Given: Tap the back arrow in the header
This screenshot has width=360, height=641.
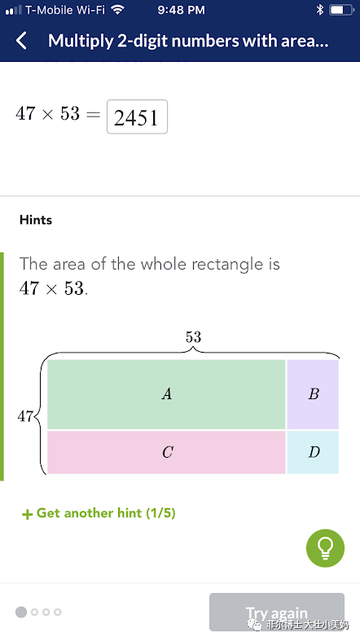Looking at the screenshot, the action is [22, 41].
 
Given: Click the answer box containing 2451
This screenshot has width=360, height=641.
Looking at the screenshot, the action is [138, 117].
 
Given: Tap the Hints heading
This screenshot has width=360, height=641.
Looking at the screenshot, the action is [36, 220].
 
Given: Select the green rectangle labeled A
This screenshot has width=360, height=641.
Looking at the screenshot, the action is [166, 394].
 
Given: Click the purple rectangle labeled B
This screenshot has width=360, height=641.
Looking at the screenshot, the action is [313, 394].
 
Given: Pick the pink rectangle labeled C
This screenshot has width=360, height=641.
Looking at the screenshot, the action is [166, 452].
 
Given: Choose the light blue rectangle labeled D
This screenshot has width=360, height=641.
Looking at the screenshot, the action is [313, 452].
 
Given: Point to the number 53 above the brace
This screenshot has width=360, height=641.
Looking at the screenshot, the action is [193, 337].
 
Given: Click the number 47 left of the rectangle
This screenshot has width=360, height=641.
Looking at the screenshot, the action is [25, 416].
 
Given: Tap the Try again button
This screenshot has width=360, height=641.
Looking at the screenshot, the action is [277, 612].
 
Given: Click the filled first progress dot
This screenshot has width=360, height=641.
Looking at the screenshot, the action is [21, 612].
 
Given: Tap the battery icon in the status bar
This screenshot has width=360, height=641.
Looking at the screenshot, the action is [341, 10].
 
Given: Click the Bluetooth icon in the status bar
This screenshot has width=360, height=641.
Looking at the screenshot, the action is [319, 10].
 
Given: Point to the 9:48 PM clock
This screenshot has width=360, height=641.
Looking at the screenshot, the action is [181, 10].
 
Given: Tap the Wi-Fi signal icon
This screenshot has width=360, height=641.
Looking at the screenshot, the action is [117, 10].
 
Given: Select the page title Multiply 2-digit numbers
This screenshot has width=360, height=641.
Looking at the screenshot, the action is [144, 41].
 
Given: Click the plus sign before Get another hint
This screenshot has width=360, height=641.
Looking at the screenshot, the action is [27, 514].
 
